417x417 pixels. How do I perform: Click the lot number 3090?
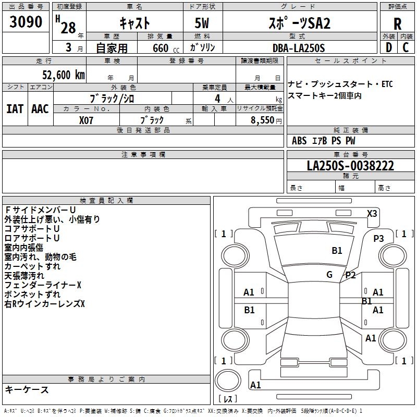[x=26, y=22]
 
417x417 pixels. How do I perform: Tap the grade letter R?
[x=398, y=24]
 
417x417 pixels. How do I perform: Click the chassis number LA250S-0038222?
[x=350, y=166]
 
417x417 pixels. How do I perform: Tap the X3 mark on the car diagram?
[x=372, y=213]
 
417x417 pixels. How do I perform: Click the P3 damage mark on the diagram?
[x=378, y=238]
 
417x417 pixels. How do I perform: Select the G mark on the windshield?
[x=329, y=274]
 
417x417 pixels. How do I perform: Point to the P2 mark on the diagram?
[x=350, y=275]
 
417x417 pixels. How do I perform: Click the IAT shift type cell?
[x=15, y=108]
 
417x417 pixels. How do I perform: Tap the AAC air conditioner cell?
[x=40, y=108]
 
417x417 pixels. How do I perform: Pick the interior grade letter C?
[x=406, y=47]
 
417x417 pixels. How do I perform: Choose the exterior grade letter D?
[x=388, y=47]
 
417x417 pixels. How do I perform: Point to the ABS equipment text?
[x=299, y=141]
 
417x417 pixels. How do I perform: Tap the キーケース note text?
[x=27, y=389]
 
